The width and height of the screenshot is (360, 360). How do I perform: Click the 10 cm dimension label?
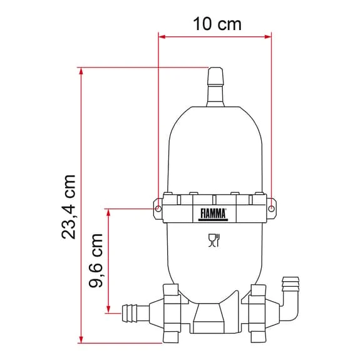(x=217, y=24)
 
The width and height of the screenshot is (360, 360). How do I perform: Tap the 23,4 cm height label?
(x=68, y=207)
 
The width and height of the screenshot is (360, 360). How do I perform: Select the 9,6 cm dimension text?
(x=96, y=260)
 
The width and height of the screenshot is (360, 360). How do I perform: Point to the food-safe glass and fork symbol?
(x=214, y=240)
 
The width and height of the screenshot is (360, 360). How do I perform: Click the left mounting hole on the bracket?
(x=158, y=208)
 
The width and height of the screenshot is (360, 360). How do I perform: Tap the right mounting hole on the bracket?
(x=271, y=208)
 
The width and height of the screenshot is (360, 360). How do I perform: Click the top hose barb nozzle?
(x=215, y=87)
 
